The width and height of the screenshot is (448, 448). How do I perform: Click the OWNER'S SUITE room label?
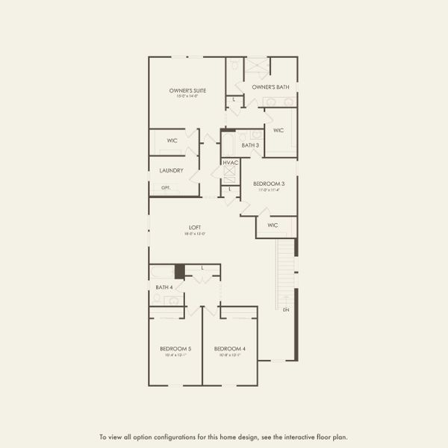click(187, 90)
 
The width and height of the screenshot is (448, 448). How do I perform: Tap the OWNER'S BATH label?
click(270, 87)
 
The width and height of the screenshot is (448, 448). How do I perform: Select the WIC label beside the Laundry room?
click(172, 140)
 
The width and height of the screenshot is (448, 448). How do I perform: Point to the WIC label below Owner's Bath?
click(279, 131)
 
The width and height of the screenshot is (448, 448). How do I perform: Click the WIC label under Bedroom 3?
click(273, 225)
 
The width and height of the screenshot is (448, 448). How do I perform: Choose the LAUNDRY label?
click(172, 170)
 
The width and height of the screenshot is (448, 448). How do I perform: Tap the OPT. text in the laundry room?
click(165, 187)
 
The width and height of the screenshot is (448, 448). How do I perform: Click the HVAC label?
click(230, 162)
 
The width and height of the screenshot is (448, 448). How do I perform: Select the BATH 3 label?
click(250, 145)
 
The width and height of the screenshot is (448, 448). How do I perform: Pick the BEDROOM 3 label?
click(269, 184)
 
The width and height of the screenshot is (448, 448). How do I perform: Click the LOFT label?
click(194, 228)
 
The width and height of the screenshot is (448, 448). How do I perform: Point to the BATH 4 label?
click(164, 287)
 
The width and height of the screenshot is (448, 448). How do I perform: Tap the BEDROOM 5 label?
click(175, 349)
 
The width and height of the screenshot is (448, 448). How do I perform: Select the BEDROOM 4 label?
click(230, 349)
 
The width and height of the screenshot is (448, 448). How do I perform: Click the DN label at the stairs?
click(286, 309)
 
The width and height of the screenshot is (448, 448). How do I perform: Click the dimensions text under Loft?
click(194, 234)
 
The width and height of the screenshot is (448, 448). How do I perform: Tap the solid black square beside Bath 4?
click(179, 272)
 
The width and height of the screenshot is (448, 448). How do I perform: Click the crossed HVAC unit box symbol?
click(230, 175)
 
